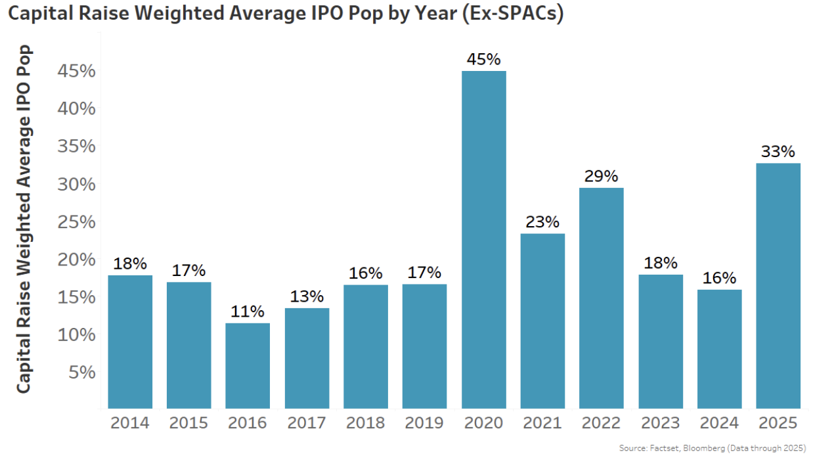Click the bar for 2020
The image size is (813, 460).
click(x=484, y=240)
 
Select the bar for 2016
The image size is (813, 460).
click(x=248, y=365)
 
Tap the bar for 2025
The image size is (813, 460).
click(x=778, y=286)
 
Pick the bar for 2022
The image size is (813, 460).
click(x=602, y=298)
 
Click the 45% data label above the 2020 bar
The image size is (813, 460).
click(x=484, y=59)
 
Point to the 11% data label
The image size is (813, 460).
click(x=248, y=311)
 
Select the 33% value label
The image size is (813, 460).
click(x=778, y=151)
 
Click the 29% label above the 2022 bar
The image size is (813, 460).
click(x=602, y=176)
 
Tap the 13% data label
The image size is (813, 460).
click(x=307, y=296)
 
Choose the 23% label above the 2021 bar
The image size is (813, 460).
click(x=542, y=221)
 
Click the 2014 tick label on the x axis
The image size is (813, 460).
click(x=130, y=423)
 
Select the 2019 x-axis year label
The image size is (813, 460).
click(x=425, y=423)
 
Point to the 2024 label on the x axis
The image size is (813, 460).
click(x=719, y=423)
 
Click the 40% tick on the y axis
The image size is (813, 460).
click(x=77, y=108)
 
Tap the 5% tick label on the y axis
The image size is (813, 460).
click(x=82, y=373)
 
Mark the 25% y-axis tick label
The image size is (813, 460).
click(x=77, y=222)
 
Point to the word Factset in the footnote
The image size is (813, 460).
click(x=660, y=448)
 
